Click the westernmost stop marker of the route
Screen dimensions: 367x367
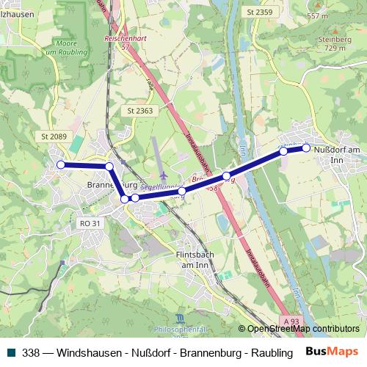pos(61,164)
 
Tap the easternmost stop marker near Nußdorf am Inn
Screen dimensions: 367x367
pos(306,148)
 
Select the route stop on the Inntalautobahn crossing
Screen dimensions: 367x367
pos(227,175)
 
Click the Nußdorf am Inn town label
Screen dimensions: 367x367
pos(338,155)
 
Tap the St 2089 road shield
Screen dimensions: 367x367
pos(54,136)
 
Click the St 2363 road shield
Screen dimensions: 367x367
pos(139,110)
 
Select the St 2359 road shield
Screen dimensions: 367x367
pos(259,12)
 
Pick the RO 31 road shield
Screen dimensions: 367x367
pos(90,223)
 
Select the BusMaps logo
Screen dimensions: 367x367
pos(332,351)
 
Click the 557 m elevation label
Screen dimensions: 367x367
pos(338,15)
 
